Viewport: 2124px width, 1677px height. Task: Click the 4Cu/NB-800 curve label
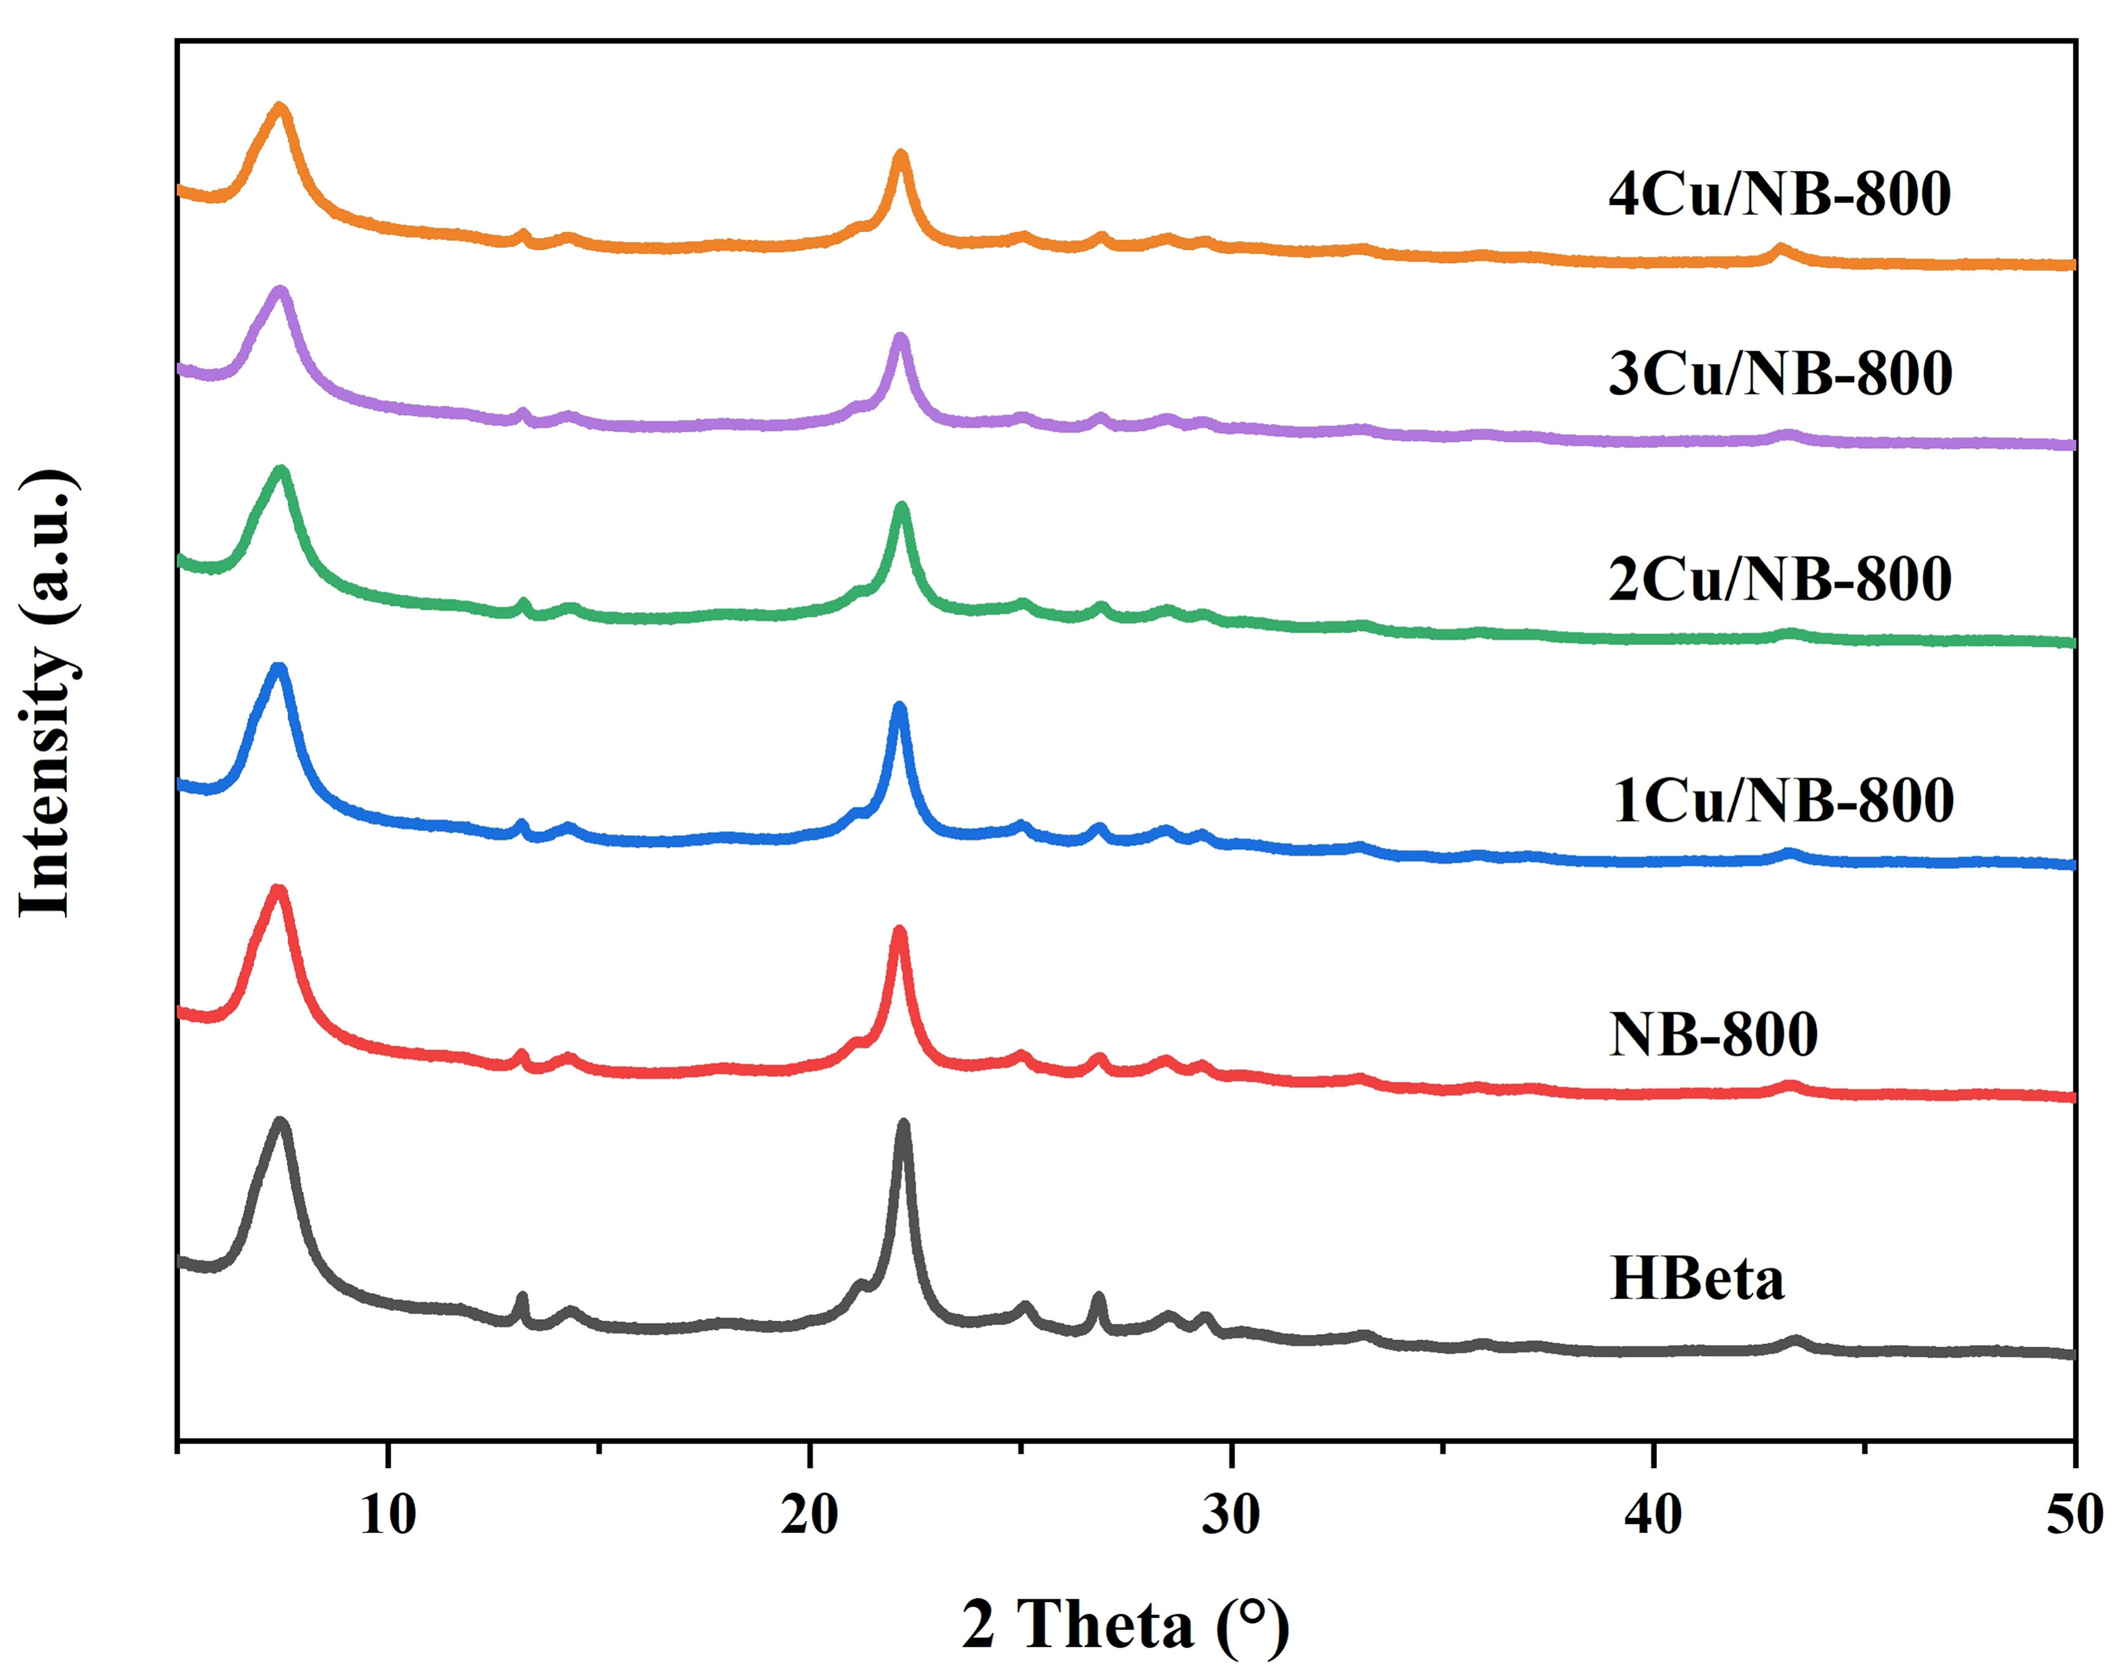coord(1779,195)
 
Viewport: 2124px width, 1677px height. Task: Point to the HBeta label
coord(1697,1279)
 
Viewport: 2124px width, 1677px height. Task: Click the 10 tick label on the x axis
coord(388,1514)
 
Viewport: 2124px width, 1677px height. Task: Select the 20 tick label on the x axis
coord(809,1514)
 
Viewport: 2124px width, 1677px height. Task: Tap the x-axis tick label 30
coord(1231,1514)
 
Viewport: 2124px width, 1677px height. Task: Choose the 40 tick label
coord(1653,1514)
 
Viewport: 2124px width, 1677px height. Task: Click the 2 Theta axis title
coord(1125,1625)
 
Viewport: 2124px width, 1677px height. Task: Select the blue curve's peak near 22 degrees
coord(898,708)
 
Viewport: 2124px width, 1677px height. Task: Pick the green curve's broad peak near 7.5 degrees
coord(282,473)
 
